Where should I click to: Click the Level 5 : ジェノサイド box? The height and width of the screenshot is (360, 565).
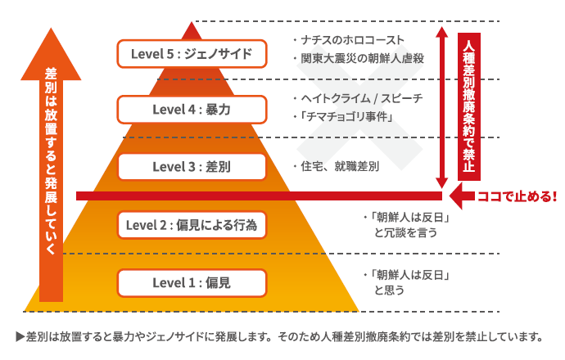coord(192,55)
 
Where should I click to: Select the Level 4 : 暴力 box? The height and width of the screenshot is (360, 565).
coord(192,108)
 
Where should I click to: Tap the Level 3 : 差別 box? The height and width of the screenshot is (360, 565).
coord(192,166)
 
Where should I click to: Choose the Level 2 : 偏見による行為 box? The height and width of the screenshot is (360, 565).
coord(192,223)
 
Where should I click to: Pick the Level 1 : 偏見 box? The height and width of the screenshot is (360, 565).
coord(192,282)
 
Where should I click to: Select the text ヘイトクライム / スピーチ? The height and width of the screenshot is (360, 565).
coord(358,98)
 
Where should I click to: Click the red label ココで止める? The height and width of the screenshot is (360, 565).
coord(516,196)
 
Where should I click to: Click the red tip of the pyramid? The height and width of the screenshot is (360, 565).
coord(192,30)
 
